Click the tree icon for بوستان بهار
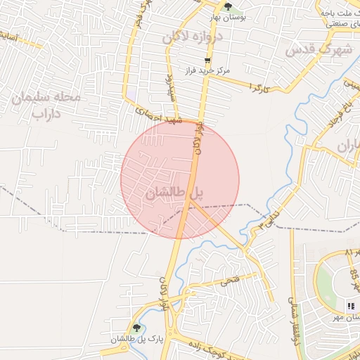point(227,7)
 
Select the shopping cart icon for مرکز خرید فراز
point(207,60)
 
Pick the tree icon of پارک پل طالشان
point(137,328)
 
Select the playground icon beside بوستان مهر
point(350,305)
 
